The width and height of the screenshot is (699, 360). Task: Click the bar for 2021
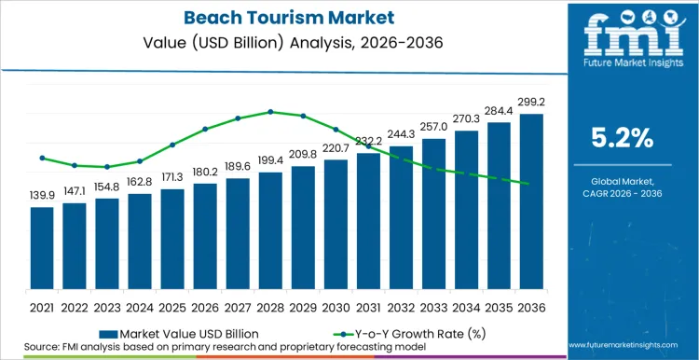[42, 247]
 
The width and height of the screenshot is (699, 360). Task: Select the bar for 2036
[531, 201]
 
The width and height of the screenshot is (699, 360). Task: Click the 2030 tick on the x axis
[336, 305]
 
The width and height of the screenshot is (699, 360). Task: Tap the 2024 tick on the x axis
[140, 305]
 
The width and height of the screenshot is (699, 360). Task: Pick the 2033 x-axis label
[433, 305]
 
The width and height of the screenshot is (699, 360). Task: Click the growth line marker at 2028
[270, 112]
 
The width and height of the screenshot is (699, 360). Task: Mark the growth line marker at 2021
[42, 158]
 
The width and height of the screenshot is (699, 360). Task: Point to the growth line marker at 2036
[531, 184]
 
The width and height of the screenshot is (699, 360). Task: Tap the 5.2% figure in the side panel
[623, 139]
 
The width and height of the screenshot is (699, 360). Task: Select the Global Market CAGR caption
[623, 187]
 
